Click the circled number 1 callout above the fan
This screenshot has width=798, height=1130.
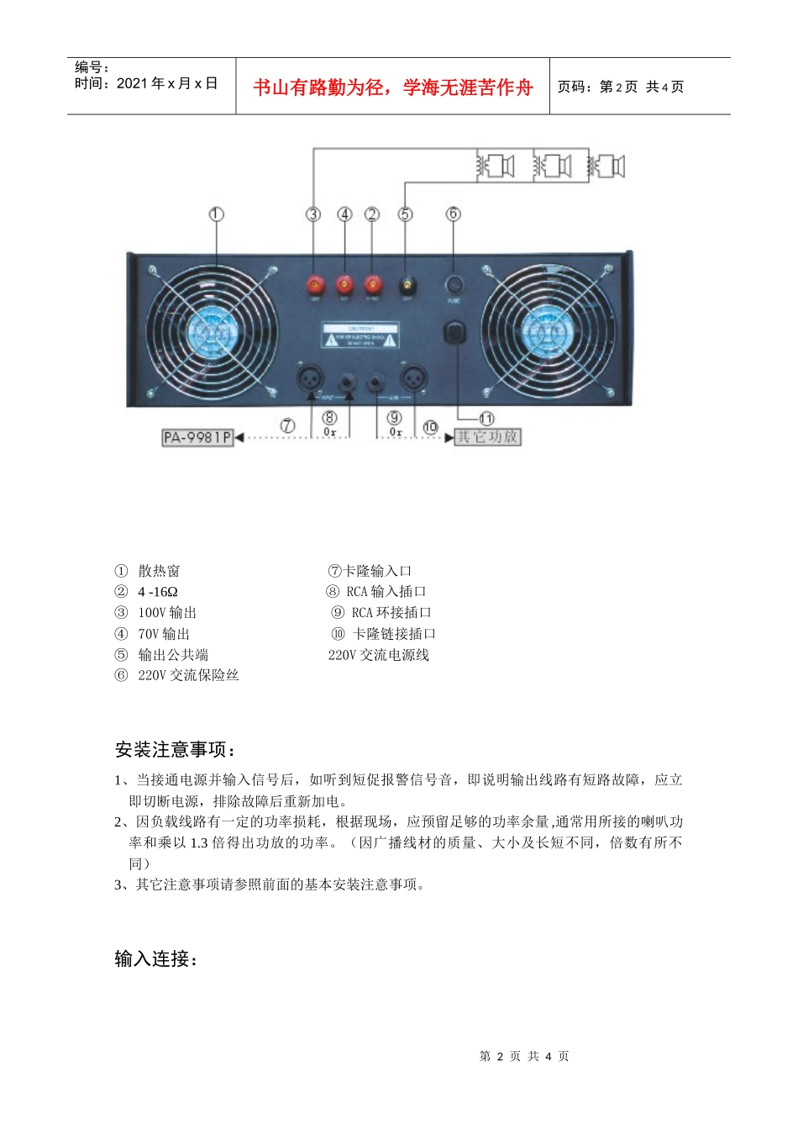216,214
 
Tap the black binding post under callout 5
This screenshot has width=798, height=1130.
407,284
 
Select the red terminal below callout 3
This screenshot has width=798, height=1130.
316,284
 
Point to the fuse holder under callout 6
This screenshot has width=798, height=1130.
454,284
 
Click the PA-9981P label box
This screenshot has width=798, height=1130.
197,437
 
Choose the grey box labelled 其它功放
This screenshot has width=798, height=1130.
487,437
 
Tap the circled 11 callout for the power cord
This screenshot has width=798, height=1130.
486,418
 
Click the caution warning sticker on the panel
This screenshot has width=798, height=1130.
361,336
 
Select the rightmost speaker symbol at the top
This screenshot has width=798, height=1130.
608,166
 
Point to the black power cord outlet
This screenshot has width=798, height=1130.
454,333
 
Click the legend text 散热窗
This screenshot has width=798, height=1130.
159,571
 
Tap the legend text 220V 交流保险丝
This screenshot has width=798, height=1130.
188,675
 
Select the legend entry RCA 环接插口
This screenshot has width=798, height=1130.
391,613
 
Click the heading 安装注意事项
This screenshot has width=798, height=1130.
175,749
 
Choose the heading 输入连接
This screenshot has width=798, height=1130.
155,958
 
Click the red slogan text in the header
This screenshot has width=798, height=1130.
393,87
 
